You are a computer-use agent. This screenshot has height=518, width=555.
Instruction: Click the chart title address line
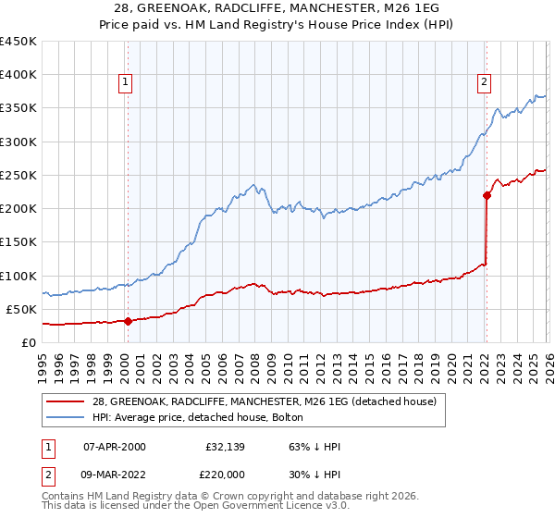pos(277,7)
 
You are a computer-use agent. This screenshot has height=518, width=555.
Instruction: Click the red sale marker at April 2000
pos(128,321)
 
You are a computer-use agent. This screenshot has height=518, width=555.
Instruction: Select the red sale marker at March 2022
pos(486,195)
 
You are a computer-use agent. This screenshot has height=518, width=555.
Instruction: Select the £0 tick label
pos(29,342)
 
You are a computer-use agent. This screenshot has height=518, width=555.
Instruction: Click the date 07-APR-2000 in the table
pos(114,447)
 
